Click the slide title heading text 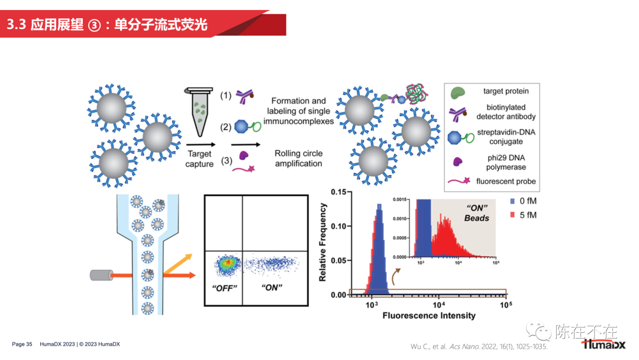pos(107,25)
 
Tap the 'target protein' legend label pos(506,91)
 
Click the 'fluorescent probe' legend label pos(506,181)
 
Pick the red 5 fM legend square pos(512,215)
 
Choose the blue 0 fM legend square pos(512,201)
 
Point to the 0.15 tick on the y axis pos(338,192)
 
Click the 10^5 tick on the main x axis pos(505,304)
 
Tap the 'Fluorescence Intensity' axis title pos(429,316)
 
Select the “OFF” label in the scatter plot pos(224,288)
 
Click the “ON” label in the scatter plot pos(272,288)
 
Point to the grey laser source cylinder pos(101,275)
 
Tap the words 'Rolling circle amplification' pos(298,158)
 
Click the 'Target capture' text pos(199,159)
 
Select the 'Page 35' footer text pos(22,344)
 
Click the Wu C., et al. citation pos(479,346)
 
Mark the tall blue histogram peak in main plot pos(379,249)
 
